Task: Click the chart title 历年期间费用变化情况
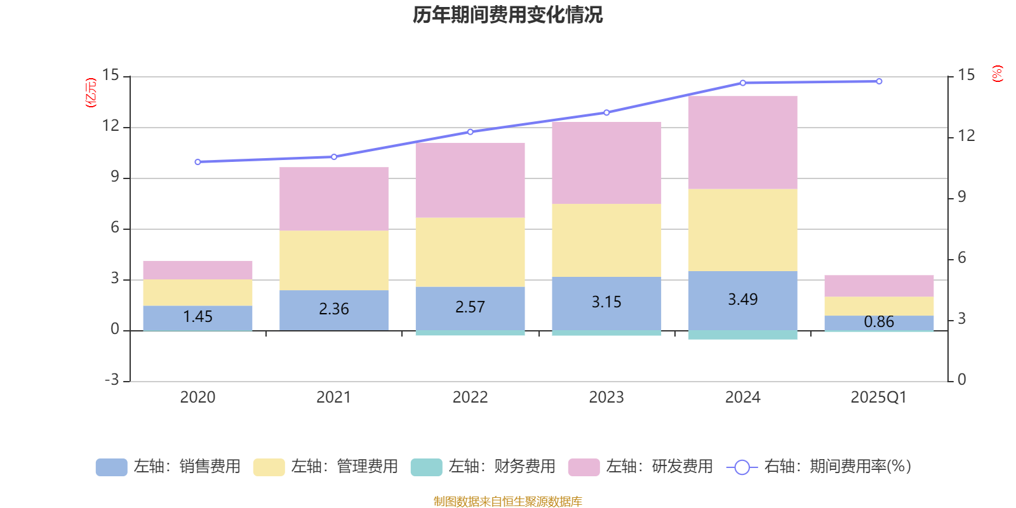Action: (507, 15)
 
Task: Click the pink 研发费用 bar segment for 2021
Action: (334, 199)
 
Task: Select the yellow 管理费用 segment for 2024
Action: (743, 230)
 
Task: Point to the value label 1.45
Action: (197, 316)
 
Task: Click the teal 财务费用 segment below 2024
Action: (743, 335)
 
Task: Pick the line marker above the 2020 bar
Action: (197, 162)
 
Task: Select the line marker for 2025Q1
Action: (879, 81)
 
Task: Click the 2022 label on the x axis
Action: (470, 398)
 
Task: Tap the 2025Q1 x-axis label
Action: (878, 398)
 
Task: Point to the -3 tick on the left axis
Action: (112, 380)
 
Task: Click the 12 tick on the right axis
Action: (966, 136)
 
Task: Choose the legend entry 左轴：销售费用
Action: (168, 467)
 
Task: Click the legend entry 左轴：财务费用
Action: (483, 467)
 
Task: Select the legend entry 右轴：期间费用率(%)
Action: (819, 467)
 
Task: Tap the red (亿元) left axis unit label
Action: (91, 93)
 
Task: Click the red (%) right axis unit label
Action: (998, 74)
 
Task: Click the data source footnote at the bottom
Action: (507, 502)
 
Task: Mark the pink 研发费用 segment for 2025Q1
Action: (879, 286)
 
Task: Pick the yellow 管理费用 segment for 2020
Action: (197, 292)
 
